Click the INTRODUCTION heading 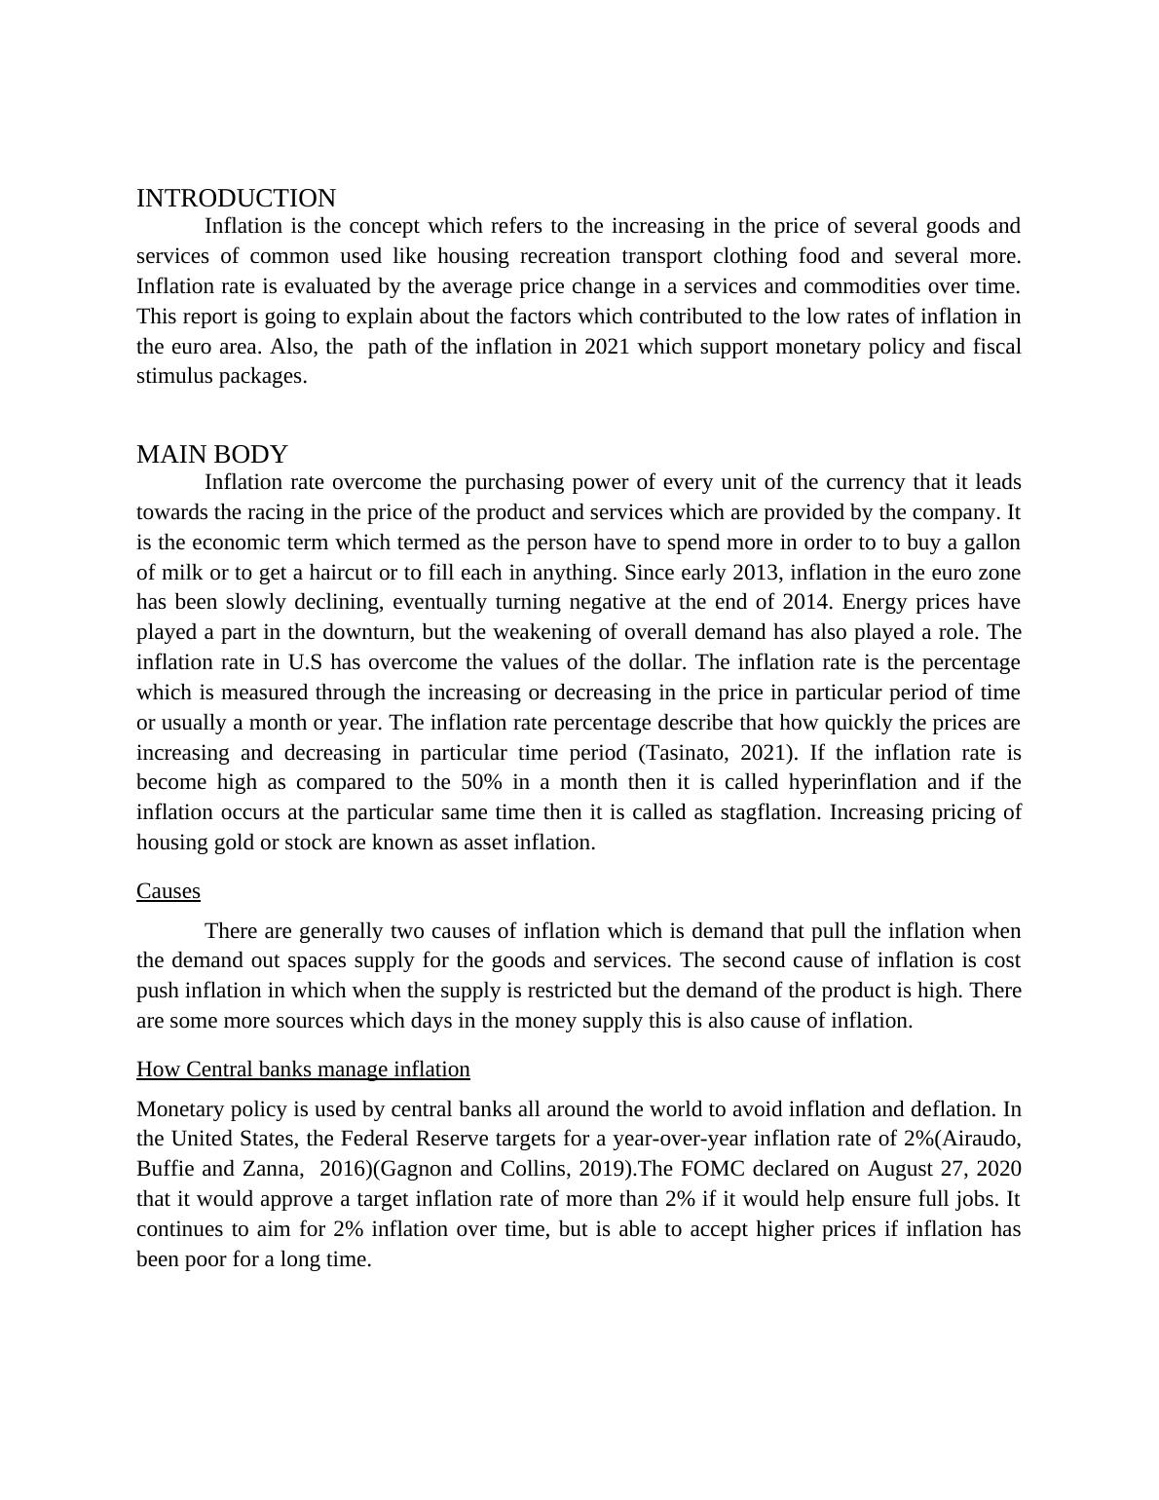(x=236, y=199)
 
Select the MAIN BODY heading (x=212, y=455)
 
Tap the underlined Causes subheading (x=168, y=891)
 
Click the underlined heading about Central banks (x=303, y=1069)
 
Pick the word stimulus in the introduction (x=174, y=377)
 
